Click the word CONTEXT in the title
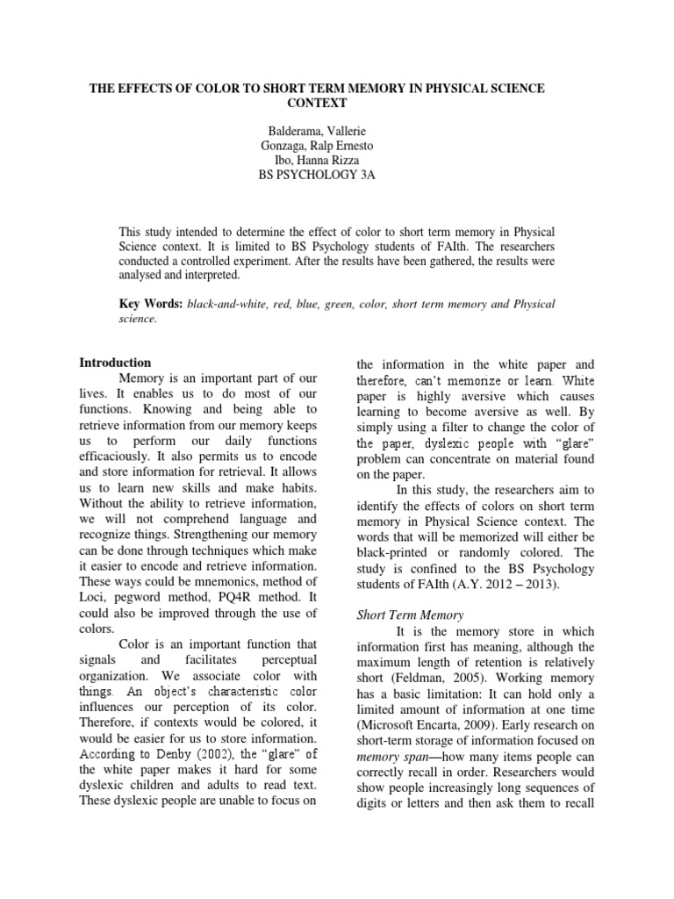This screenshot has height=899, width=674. point(337,103)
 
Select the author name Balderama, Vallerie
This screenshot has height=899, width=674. point(336,131)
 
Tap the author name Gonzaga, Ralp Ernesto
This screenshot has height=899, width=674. point(336,146)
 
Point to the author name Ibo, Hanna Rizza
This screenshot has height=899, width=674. point(336,161)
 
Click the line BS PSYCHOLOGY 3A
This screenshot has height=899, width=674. point(336,176)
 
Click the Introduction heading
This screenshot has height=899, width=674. point(115,363)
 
